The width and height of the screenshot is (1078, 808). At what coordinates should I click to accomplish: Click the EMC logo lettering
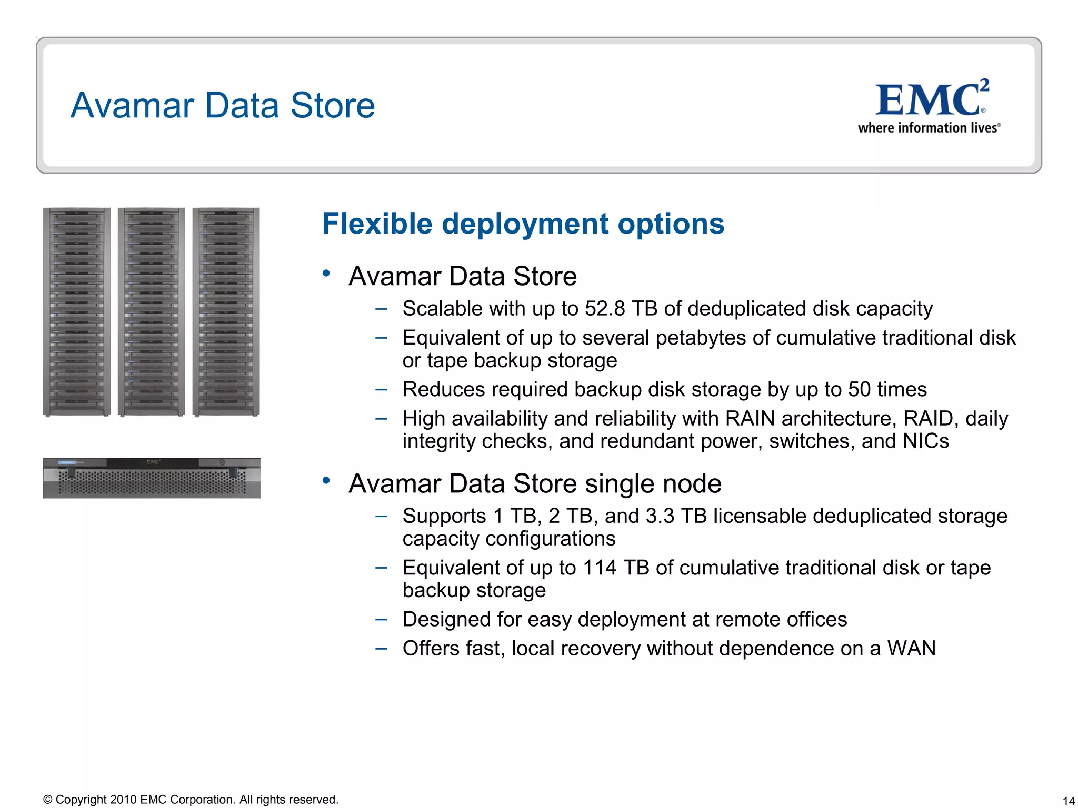coord(928,100)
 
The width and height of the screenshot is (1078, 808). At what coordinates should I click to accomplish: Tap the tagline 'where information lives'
coord(928,128)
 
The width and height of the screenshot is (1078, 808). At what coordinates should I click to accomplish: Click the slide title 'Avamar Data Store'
coord(223,105)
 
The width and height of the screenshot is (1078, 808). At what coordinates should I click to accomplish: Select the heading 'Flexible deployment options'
coord(523,224)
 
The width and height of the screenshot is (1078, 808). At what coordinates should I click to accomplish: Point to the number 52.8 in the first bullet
coord(605,309)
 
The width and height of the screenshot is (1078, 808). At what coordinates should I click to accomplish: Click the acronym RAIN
coord(750,419)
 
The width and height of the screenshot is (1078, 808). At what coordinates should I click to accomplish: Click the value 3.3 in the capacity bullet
coord(660,516)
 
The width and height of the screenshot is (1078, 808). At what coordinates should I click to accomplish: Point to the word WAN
coord(911,649)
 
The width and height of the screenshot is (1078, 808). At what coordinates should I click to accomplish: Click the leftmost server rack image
coord(77,312)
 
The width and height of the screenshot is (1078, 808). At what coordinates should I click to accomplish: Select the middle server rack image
coord(152,312)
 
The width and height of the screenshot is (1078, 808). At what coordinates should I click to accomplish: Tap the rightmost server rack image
coord(226,312)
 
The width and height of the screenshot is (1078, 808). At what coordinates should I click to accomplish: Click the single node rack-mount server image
coord(152,478)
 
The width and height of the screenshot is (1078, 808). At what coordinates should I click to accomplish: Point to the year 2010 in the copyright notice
coord(123,800)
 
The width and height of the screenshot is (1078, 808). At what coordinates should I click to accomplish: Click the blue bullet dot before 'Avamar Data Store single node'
coord(326,480)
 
